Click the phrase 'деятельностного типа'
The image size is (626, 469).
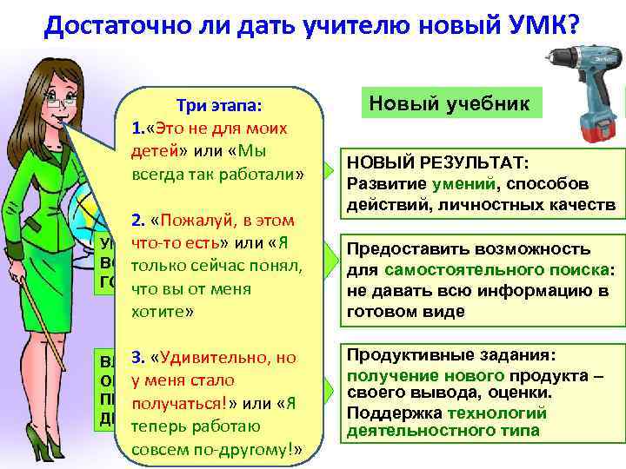point(443,431)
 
